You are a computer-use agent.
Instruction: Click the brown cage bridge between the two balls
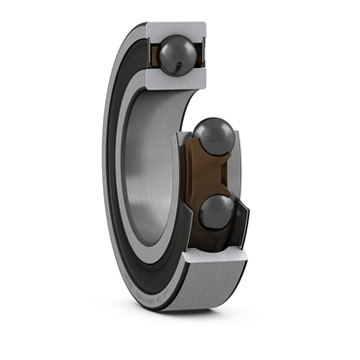tap(214, 179)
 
